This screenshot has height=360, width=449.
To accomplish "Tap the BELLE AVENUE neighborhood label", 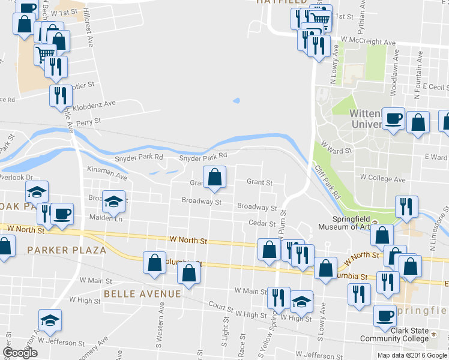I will (x=142, y=293).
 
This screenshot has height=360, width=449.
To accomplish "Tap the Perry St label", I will (x=89, y=121).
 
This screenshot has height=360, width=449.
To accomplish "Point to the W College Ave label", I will (x=382, y=178).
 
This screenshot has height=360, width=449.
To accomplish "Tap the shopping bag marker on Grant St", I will (x=214, y=176).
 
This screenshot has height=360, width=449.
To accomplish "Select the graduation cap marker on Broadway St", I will (x=112, y=201).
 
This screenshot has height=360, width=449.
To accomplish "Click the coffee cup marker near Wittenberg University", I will (x=394, y=118).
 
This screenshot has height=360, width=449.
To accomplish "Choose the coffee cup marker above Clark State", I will (x=384, y=314).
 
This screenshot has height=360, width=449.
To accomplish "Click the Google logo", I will (x=20, y=353).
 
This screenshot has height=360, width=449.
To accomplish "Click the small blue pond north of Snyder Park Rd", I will (x=236, y=100).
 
